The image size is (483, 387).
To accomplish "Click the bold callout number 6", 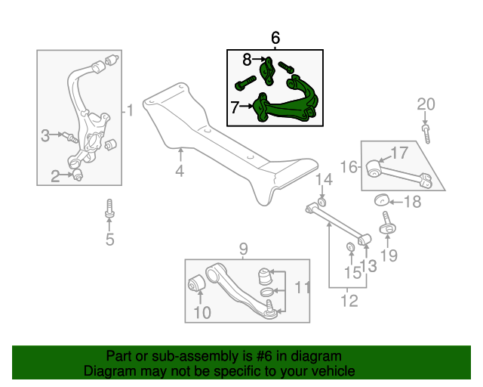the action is (x=275, y=38).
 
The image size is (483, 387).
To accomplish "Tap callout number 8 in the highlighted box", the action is (x=247, y=60).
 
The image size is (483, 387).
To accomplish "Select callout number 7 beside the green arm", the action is (x=235, y=107).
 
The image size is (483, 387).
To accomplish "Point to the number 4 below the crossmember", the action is (x=180, y=171).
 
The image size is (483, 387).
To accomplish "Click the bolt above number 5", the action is (x=109, y=209).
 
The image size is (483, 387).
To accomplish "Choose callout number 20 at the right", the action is (x=426, y=104).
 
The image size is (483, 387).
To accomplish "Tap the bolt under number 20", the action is (x=426, y=134).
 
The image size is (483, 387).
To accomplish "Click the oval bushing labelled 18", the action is (x=381, y=200).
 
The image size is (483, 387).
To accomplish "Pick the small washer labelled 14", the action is (x=321, y=203).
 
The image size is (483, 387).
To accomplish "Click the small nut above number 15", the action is (x=350, y=247).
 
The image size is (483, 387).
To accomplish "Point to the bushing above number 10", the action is (x=196, y=283).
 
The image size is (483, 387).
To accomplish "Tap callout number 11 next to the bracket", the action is (x=303, y=287).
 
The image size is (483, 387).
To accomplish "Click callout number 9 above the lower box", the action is (x=243, y=249).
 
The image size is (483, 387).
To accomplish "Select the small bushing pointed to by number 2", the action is (x=78, y=174).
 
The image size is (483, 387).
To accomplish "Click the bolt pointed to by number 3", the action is (x=70, y=138).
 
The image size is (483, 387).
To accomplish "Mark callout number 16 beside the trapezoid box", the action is (x=349, y=167).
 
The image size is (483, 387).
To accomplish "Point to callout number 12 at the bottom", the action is (x=349, y=301).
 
